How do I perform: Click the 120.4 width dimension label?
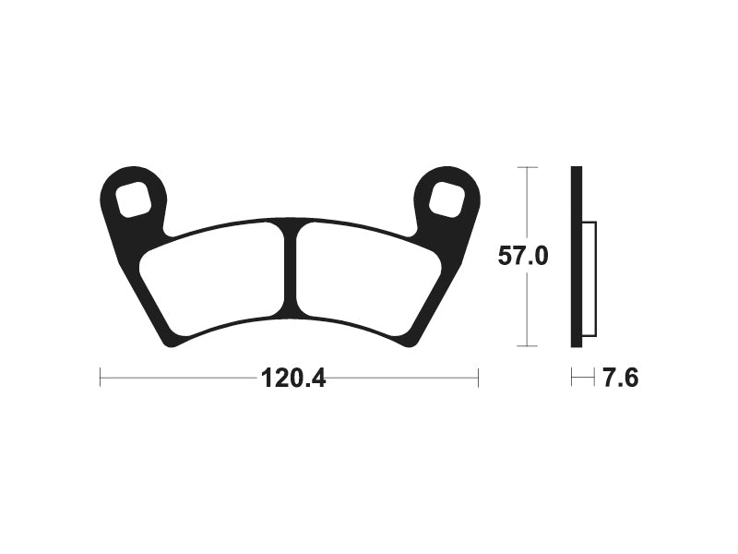click(293, 379)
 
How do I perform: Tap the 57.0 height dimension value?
click(523, 256)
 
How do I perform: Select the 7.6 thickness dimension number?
click(621, 379)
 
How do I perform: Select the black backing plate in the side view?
click(577, 257)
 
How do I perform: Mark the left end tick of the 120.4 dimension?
click(101, 378)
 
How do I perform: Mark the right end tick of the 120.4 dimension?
click(478, 378)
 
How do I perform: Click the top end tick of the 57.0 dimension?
click(526, 167)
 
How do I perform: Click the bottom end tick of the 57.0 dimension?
click(526, 346)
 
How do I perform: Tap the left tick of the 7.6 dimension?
click(572, 378)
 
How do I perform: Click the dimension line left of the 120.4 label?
click(175, 378)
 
